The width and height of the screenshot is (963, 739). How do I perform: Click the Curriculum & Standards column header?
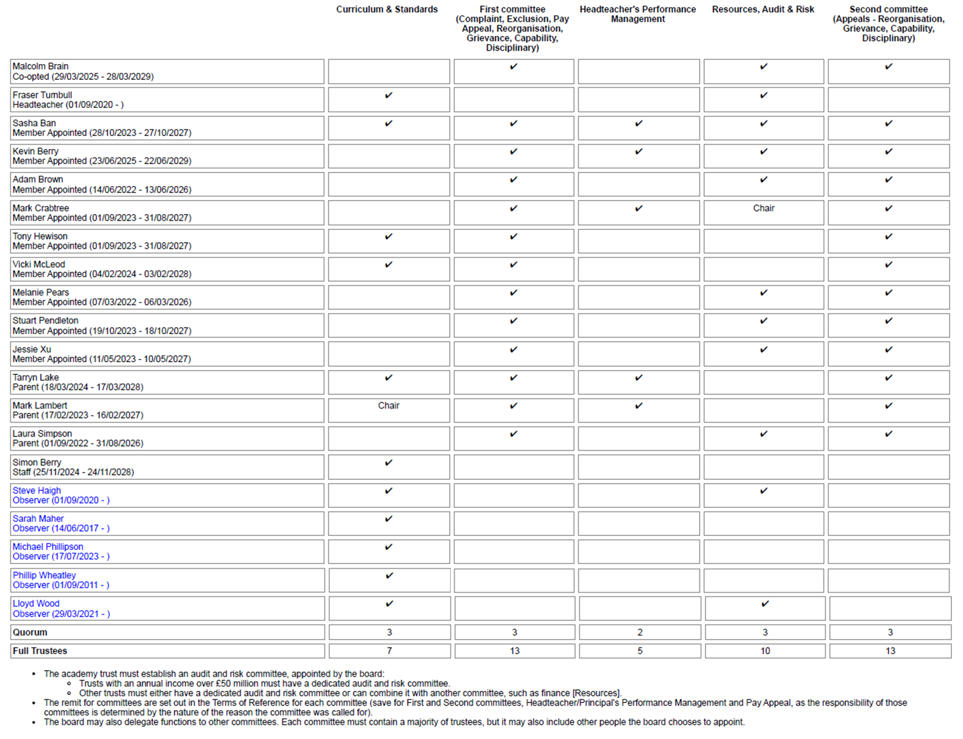click(387, 9)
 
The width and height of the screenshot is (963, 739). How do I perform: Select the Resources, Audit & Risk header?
click(763, 9)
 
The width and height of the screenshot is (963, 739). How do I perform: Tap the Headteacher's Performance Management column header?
click(637, 14)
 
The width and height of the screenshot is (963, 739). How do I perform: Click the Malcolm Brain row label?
click(40, 66)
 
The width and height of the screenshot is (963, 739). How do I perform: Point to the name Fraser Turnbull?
click(42, 95)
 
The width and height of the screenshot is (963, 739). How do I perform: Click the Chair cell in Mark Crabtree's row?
click(764, 209)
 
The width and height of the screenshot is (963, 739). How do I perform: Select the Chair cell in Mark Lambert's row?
click(388, 405)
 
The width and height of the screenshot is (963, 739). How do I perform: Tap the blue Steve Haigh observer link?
click(37, 490)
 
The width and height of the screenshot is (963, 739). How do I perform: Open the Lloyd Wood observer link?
click(36, 604)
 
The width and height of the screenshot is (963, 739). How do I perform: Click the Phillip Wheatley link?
click(44, 575)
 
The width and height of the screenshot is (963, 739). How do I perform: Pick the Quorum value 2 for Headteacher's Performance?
click(640, 632)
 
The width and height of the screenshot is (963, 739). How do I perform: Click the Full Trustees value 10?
click(765, 651)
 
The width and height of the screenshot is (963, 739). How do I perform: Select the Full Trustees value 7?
click(389, 651)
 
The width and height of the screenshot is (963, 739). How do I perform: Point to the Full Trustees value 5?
click(640, 651)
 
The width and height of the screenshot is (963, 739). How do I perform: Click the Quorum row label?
click(30, 632)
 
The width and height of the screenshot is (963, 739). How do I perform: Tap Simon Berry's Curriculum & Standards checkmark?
click(388, 463)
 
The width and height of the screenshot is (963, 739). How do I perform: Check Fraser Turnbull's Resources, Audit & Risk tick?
click(764, 95)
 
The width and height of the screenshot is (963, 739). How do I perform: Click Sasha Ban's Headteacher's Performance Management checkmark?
click(639, 123)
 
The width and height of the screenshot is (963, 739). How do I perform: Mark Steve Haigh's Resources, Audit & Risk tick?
click(764, 491)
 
